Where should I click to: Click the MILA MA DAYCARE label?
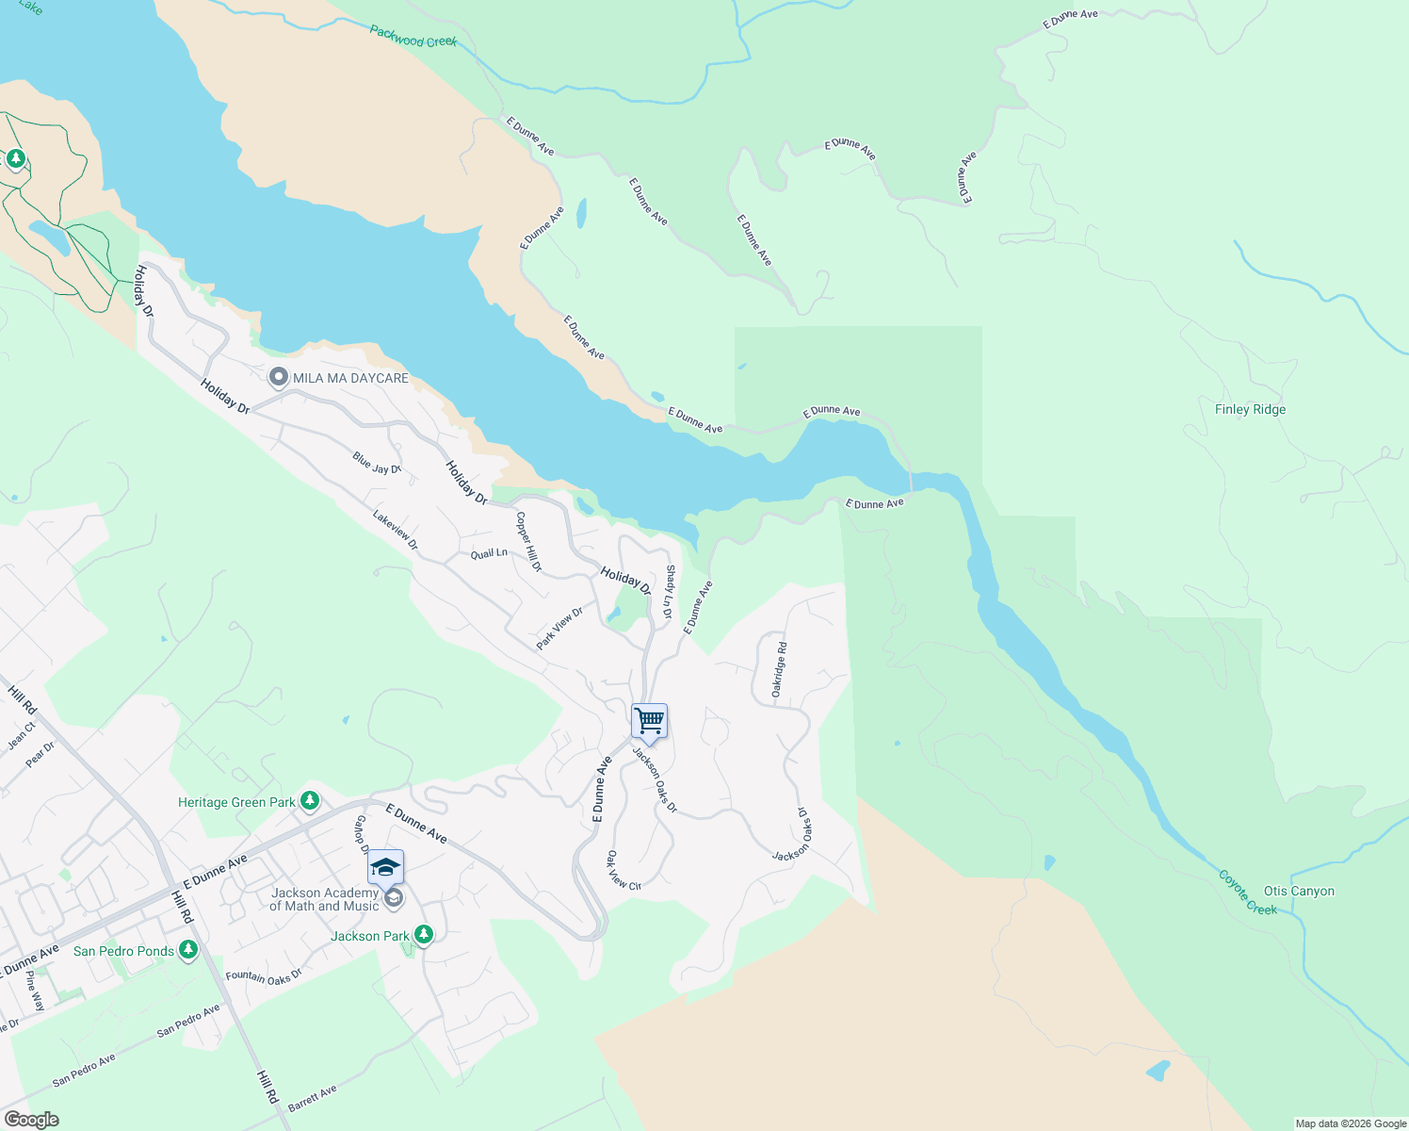(350, 378)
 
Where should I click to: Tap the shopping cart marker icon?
(650, 721)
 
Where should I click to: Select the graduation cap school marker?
(385, 866)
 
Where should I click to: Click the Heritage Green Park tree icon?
(310, 802)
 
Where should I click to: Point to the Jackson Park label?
(370, 936)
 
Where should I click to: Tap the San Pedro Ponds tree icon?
(188, 950)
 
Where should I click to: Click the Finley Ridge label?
(1250, 409)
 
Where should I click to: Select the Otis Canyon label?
(1299, 891)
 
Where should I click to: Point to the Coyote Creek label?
(1248, 892)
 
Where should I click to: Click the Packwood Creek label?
(413, 37)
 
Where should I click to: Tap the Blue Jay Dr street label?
(377, 463)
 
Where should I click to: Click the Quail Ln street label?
(489, 553)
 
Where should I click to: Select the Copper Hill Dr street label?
(528, 542)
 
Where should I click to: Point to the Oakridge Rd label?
(779, 669)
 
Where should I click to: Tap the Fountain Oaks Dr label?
(264, 977)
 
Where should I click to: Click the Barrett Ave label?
(312, 1098)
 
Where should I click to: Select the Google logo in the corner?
(31, 1120)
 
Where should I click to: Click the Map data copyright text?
(1351, 1123)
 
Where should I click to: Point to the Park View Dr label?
(559, 629)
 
